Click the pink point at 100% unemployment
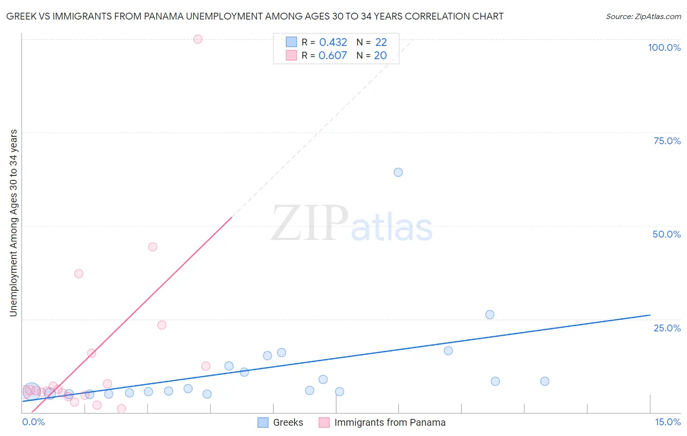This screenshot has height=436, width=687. [198, 39]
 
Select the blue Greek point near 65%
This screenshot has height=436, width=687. [398, 172]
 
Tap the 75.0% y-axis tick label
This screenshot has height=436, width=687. [667, 141]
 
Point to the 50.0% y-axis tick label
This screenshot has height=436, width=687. [666, 234]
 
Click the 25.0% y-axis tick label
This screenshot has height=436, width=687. [667, 328]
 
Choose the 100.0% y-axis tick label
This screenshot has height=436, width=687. [664, 47]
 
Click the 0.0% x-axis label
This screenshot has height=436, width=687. [34, 422]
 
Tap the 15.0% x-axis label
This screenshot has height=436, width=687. [667, 422]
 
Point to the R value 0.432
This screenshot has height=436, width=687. [333, 43]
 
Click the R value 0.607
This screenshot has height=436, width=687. [333, 55]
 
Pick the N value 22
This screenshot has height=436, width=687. [381, 43]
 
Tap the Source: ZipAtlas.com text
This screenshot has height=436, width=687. [644, 16]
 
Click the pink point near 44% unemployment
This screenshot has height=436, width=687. [152, 247]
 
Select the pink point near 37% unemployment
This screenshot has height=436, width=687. [79, 274]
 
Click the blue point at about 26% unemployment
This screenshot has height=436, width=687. [490, 315]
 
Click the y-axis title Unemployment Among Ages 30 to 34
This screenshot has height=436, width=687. [14, 222]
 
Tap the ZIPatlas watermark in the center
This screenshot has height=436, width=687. [352, 224]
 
